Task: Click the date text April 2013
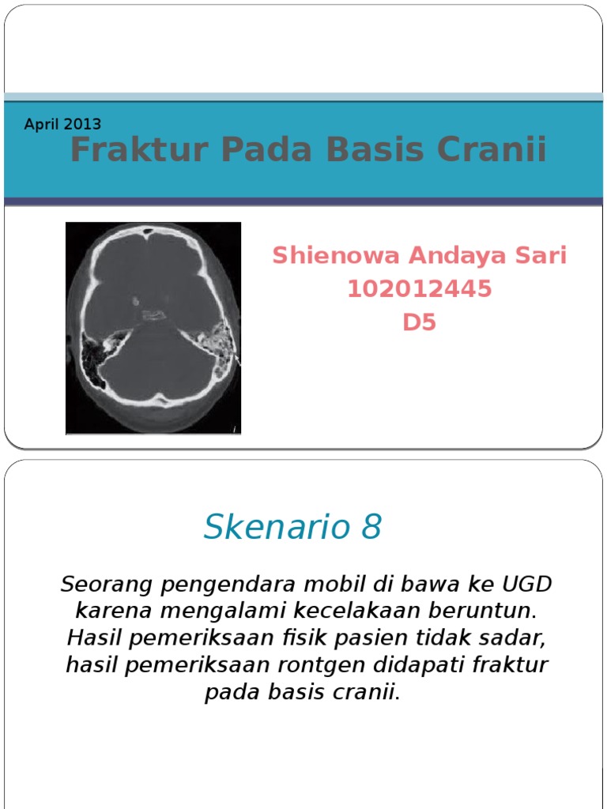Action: tap(62, 124)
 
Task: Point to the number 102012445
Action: tap(419, 289)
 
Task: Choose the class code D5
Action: tap(419, 323)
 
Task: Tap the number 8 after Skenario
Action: tap(371, 527)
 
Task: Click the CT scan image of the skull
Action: tap(153, 328)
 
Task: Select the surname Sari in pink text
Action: tap(541, 255)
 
